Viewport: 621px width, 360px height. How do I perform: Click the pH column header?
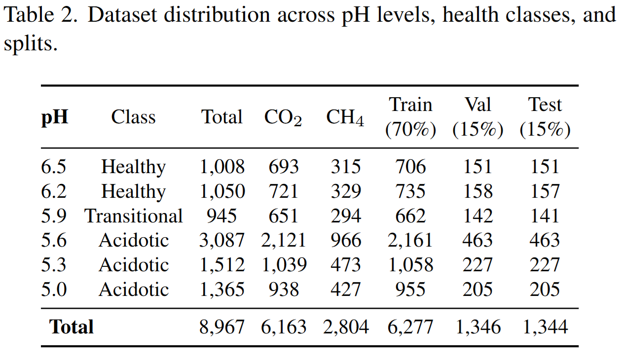[54, 118]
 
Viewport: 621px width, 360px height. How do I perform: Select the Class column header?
[133, 117]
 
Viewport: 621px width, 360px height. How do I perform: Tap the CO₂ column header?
[283, 118]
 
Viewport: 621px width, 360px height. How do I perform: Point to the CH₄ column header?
[345, 118]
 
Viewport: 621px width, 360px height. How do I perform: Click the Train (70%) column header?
[410, 117]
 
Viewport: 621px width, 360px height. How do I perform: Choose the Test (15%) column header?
[545, 117]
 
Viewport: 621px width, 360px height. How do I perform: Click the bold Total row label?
[72, 327]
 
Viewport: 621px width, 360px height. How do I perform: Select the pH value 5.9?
[54, 216]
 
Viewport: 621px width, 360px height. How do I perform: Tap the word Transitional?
[134, 216]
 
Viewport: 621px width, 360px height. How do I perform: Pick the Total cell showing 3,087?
[222, 241]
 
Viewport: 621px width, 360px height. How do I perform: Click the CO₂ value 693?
[284, 167]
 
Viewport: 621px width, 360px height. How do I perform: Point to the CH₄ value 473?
[346, 265]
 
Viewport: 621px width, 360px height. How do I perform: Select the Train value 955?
[410, 289]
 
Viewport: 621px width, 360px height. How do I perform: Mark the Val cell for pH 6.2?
[477, 191]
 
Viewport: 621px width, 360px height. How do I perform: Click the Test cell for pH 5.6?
[545, 241]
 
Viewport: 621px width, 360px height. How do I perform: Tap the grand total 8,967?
[222, 327]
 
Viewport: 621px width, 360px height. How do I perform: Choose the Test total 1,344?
[545, 327]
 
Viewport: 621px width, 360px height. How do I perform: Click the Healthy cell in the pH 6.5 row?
[133, 167]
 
